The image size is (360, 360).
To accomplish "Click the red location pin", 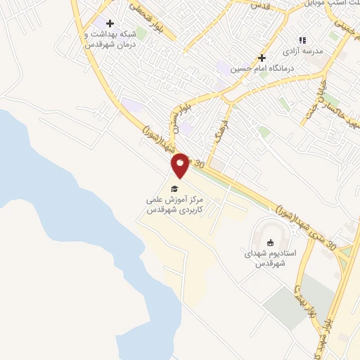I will coord(181,165).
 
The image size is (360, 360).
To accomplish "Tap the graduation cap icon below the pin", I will coord(174,188).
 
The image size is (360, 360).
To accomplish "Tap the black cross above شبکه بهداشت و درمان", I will coord(110,23).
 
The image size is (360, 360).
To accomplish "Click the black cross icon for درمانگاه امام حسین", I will coord(262,58).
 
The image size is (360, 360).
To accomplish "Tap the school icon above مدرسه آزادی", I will coord(302,41).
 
